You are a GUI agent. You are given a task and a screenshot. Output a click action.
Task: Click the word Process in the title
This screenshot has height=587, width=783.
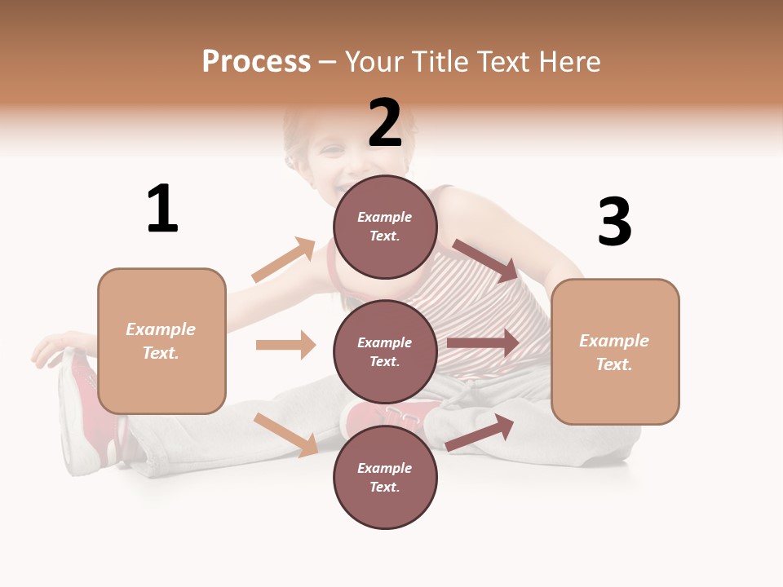[x=256, y=62]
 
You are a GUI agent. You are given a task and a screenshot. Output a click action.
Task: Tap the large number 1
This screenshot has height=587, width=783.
[x=162, y=209]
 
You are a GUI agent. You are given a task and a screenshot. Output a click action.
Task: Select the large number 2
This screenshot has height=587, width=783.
[x=385, y=123]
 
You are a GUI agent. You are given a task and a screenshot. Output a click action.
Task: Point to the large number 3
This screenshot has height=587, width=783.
[x=614, y=223]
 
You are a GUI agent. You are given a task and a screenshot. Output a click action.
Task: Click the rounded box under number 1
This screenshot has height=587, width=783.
[x=161, y=341]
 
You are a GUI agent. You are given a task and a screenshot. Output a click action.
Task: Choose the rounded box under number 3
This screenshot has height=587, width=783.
[x=615, y=352]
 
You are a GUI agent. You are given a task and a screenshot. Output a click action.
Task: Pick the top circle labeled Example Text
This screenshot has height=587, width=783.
[x=385, y=227]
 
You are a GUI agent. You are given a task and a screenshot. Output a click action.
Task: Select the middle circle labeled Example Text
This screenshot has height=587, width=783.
[x=385, y=352]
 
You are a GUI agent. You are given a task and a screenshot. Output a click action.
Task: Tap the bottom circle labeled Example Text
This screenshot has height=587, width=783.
[x=385, y=478]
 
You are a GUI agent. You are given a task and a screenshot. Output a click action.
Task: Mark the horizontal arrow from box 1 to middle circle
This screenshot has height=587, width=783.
[x=285, y=345]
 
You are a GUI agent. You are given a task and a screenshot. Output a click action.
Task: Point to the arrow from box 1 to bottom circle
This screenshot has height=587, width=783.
[x=286, y=435]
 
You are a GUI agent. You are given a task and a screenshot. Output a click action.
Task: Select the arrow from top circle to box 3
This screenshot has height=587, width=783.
[x=485, y=260]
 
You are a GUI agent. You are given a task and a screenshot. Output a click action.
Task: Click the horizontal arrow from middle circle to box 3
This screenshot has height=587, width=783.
[x=483, y=342]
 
